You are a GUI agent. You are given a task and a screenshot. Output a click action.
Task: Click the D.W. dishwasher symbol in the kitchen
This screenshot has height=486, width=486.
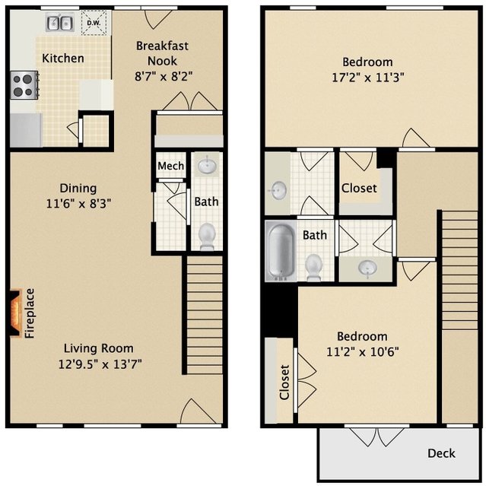click(94, 23)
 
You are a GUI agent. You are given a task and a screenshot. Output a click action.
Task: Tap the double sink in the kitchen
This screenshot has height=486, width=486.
click(60, 23)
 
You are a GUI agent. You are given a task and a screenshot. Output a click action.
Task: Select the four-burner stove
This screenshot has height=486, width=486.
click(24, 85)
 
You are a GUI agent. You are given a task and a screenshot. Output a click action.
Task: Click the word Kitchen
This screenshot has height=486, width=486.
click(63, 59)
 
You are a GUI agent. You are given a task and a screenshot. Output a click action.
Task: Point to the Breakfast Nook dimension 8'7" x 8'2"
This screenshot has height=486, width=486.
click(164, 76)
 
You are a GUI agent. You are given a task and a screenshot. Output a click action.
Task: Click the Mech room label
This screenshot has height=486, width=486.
click(171, 166)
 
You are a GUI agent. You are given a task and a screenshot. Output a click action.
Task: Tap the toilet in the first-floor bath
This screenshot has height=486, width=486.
click(207, 237)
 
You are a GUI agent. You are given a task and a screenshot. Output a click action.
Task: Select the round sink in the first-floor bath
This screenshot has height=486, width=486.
click(207, 166)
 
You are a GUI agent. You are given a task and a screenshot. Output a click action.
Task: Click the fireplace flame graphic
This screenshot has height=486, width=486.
click(14, 313)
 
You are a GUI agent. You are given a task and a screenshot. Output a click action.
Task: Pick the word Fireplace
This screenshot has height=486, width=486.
click(30, 313)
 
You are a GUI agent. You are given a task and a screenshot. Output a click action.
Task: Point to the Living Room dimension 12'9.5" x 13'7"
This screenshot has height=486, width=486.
click(100, 364)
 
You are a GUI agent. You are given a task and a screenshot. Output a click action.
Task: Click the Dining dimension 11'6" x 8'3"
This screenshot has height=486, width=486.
click(78, 204)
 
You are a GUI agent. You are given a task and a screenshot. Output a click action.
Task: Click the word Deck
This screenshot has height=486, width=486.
click(441, 453)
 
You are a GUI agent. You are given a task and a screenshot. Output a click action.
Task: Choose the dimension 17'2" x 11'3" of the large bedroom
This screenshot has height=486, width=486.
click(368, 77)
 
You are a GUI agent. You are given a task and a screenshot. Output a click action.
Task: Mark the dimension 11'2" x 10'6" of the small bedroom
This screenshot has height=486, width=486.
click(363, 352)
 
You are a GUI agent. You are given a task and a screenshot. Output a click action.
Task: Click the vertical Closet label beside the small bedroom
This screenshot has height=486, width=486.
click(284, 382)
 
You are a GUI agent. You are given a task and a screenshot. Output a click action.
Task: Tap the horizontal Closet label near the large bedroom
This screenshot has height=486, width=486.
click(359, 188)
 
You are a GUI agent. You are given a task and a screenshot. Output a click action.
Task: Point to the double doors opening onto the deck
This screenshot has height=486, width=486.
click(377, 437)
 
